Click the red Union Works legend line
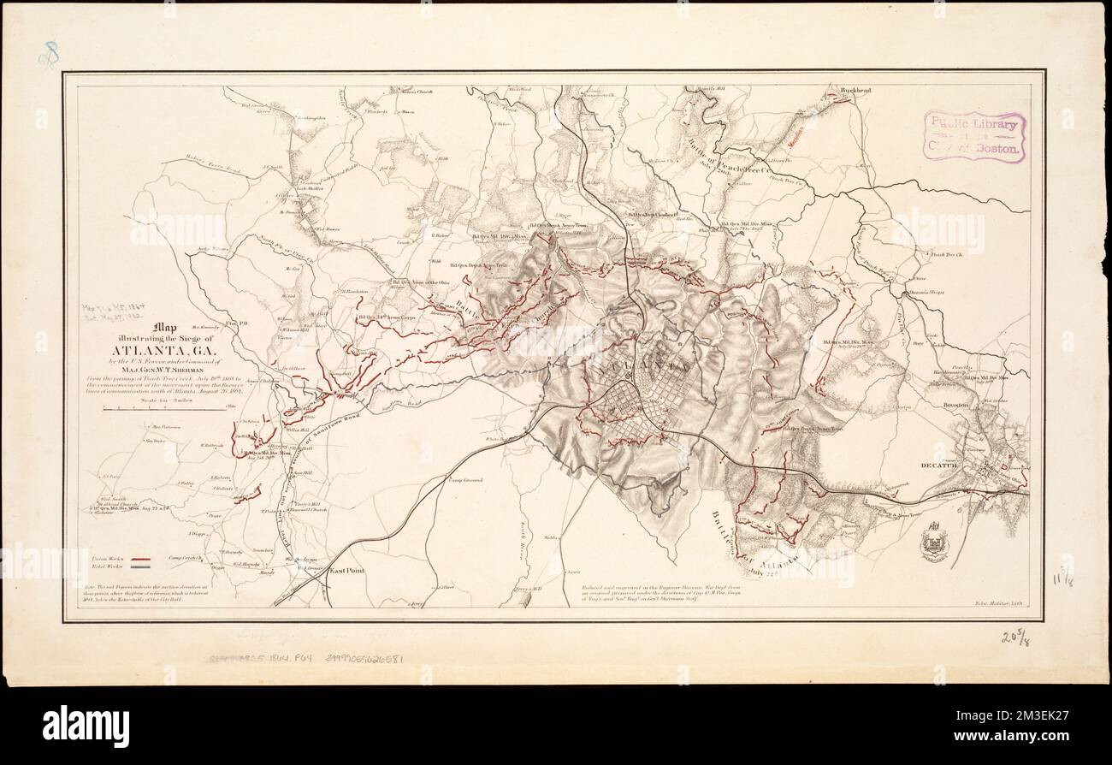141,558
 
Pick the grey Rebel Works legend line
141,566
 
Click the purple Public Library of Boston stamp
973,136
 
